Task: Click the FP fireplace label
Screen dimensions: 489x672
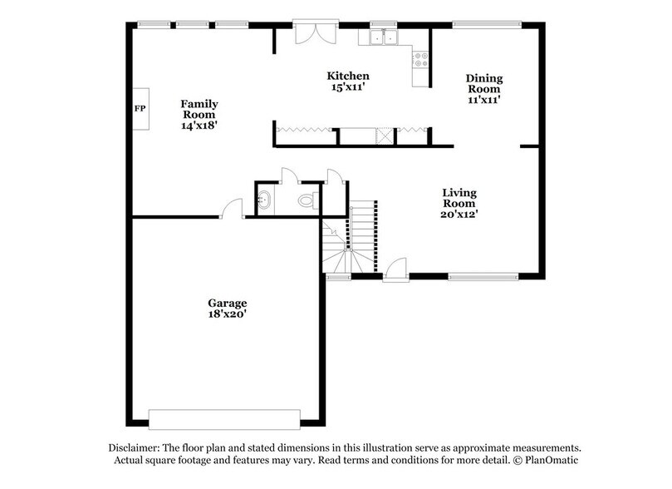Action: (x=140, y=109)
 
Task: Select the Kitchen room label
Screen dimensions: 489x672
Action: (x=346, y=76)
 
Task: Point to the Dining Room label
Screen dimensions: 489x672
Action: (x=485, y=84)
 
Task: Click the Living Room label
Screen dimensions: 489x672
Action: (x=459, y=198)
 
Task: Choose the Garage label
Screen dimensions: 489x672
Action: (x=227, y=303)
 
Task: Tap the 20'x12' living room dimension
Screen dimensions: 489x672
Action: (x=459, y=214)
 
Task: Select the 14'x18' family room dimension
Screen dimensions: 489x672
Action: (x=199, y=126)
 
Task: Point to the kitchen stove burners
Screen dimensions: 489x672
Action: (x=422, y=60)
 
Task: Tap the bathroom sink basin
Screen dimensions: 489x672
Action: (x=263, y=200)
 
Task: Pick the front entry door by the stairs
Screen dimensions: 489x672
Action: (x=395, y=269)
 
